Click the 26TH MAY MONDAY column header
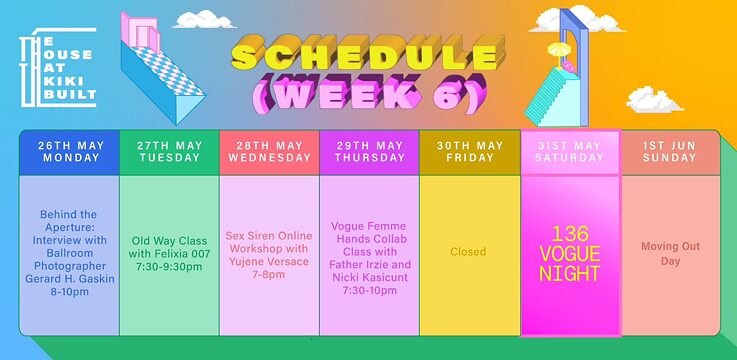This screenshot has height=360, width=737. (69, 152)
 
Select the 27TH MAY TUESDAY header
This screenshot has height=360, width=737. (169, 152)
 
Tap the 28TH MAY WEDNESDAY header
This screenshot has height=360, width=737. (269, 152)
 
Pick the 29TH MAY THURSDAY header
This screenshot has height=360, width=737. (369, 152)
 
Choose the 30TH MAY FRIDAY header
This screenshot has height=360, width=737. (469, 152)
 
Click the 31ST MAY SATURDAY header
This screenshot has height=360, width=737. (570, 152)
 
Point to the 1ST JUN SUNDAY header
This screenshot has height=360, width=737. (670, 152)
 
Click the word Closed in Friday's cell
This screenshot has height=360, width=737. (468, 252)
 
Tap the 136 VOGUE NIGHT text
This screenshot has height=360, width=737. (570, 252)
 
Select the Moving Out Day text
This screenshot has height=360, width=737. (670, 252)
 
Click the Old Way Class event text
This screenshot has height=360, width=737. (169, 253)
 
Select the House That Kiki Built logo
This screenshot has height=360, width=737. (58, 68)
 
